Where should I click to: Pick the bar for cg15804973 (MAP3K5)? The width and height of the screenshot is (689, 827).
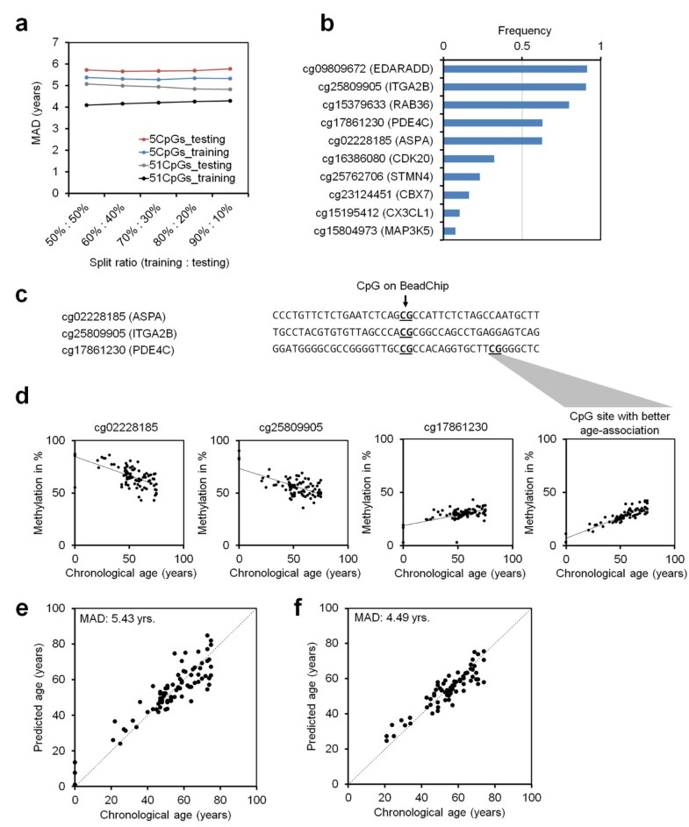click(x=449, y=231)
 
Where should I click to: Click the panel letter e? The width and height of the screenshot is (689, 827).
click(x=21, y=609)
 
